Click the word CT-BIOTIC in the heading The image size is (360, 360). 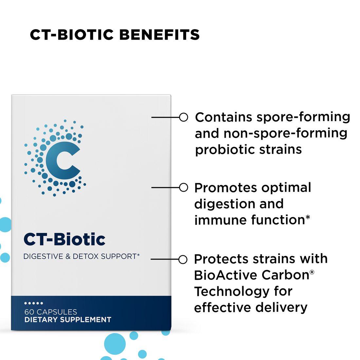72,35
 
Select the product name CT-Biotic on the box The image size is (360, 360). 64,239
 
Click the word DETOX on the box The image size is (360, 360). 86,256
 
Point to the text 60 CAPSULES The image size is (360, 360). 51,312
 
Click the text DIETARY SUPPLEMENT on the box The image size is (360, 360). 68,320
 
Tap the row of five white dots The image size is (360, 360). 34,303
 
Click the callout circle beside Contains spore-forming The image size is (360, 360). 184,117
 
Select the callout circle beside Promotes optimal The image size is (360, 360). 184,188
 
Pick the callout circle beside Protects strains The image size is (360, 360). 183,260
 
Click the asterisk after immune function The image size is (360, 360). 308,218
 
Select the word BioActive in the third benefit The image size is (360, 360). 225,275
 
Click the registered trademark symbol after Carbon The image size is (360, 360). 312,272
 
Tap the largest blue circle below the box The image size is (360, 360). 115,344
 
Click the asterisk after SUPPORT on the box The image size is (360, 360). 138,255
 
